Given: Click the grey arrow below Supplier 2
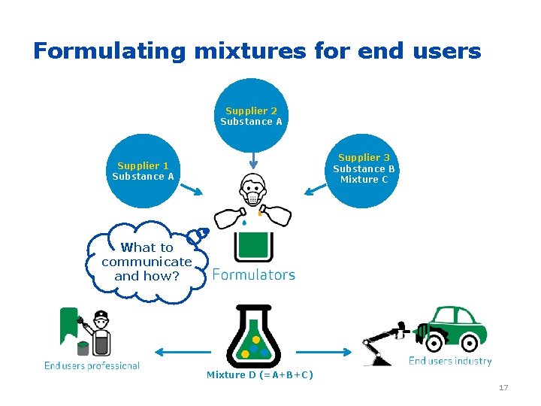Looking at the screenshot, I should click(253, 160).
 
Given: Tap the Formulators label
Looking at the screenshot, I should click(253, 275).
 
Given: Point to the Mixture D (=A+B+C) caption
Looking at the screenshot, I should click(260, 375).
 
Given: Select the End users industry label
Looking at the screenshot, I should click(449, 361).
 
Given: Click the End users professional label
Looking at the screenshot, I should click(92, 365).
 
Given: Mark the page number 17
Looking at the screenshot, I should click(503, 388).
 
